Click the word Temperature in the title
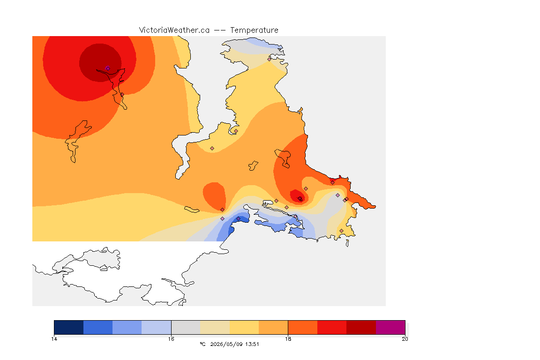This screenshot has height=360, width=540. coord(254,30)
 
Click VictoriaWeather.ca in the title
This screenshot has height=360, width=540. coord(174,30)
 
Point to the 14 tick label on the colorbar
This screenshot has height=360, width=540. coord(54,339)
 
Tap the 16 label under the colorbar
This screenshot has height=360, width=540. coord(171,339)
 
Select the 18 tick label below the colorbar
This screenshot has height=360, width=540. coord(288,339)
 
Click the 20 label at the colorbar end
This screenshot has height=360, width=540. coord(405,339)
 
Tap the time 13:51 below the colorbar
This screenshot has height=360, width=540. coord(252,344)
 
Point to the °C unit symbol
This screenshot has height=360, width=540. coord(202,344)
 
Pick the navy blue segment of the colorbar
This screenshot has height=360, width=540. coord(69,327)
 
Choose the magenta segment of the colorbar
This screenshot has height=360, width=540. coord(390,327)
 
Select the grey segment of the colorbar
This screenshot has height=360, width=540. coord(186,327)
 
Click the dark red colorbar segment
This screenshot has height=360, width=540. coord(361,327)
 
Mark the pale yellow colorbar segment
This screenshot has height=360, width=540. coord(244,327)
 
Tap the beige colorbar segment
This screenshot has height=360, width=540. coord(215,327)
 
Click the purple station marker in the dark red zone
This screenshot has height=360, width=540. coord(108,68)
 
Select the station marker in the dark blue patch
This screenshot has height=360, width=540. coord(238,219)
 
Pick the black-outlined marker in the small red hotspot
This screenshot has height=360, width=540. coord(300,199)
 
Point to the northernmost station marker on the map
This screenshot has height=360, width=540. coord(270,59)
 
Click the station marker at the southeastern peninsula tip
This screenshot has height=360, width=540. coord(341,231)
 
